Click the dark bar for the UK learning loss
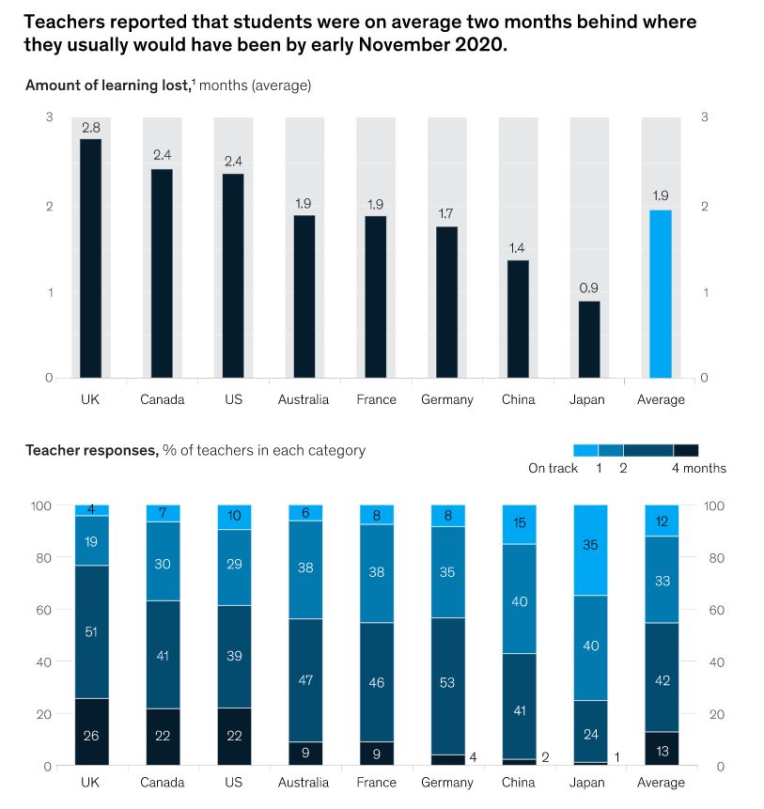point(90,258)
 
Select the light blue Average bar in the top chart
point(661,293)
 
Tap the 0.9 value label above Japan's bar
point(589,288)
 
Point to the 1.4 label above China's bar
point(517,248)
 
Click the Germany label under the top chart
point(447,399)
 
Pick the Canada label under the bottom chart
point(163,782)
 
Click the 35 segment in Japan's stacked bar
point(589,550)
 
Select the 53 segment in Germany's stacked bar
point(447,683)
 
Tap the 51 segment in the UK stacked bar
point(91,631)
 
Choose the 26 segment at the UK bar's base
point(91,735)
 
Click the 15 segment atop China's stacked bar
point(518,523)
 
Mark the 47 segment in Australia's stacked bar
point(304,679)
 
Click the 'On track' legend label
point(553,468)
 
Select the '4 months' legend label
point(698,468)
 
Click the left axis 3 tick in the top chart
point(48,117)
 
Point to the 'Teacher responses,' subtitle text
point(91,450)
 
